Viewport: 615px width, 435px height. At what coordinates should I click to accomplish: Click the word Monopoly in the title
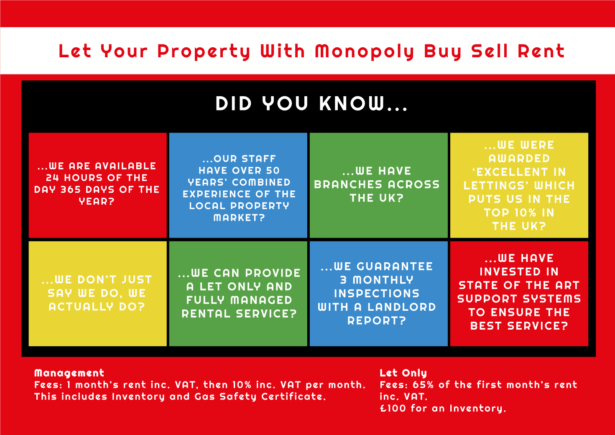[x=364, y=51]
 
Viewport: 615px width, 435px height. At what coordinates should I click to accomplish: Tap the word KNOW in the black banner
[x=352, y=103]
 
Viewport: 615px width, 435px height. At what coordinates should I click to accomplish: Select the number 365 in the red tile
[x=71, y=189]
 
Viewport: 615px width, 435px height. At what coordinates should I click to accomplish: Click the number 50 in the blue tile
[x=273, y=171]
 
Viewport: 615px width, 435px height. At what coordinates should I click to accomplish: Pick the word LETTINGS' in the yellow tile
[x=495, y=186]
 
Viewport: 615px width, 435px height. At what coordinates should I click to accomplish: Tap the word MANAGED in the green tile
[x=261, y=300]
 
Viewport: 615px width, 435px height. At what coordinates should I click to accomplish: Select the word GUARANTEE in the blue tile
[x=395, y=266]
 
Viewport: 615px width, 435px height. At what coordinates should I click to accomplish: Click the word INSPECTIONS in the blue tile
[x=377, y=294]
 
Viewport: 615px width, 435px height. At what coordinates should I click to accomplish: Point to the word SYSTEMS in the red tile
[x=552, y=299]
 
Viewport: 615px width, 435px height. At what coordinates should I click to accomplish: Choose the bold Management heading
[x=69, y=373]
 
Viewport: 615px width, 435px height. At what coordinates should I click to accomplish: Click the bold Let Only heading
[x=403, y=373]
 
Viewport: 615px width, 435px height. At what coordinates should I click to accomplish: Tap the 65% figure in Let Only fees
[x=423, y=385]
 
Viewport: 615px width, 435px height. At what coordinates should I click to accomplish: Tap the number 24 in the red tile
[x=52, y=178]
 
